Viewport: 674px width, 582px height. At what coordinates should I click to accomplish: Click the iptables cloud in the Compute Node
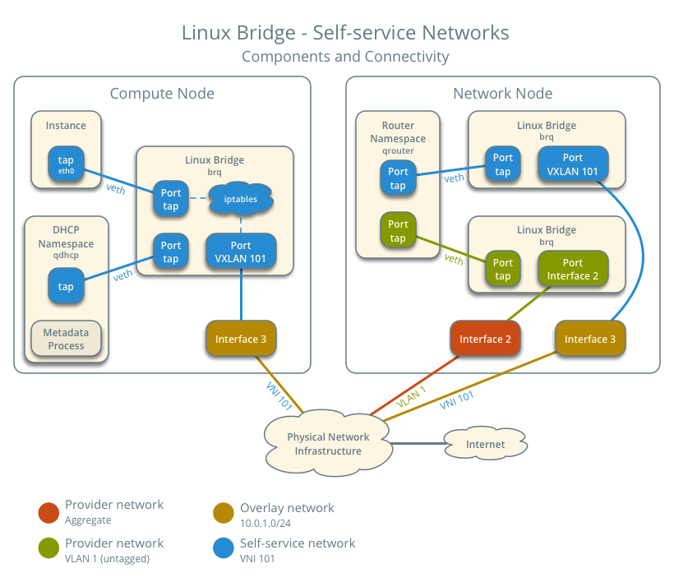pyautogui.click(x=240, y=199)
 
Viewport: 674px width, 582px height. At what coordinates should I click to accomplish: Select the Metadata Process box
pyautogui.click(x=66, y=339)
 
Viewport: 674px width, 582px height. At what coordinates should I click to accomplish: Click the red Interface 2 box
pyautogui.click(x=485, y=339)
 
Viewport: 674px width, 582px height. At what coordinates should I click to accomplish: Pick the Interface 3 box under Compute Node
pyautogui.click(x=241, y=339)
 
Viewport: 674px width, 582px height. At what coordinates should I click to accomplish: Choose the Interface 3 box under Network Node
pyautogui.click(x=589, y=339)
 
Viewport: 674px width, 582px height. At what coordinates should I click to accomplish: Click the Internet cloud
pyautogui.click(x=485, y=444)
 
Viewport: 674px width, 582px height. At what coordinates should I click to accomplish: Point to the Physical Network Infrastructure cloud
pyautogui.click(x=327, y=444)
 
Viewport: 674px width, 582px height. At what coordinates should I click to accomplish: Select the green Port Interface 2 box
pyautogui.click(x=573, y=270)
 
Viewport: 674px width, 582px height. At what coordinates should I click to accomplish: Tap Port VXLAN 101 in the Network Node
pyautogui.click(x=573, y=164)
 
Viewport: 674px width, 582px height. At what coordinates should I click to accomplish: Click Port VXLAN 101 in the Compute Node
pyautogui.click(x=241, y=252)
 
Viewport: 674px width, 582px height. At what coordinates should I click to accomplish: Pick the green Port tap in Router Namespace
pyautogui.click(x=398, y=231)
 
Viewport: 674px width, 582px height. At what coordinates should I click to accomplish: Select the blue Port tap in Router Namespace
pyautogui.click(x=398, y=178)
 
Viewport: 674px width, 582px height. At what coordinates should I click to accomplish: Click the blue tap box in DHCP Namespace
pyautogui.click(x=66, y=287)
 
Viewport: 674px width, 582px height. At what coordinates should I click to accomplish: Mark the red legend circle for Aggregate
pyautogui.click(x=48, y=513)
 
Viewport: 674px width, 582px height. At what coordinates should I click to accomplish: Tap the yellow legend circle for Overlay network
pyautogui.click(x=224, y=513)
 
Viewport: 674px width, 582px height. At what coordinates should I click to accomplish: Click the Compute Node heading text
pyautogui.click(x=162, y=94)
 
